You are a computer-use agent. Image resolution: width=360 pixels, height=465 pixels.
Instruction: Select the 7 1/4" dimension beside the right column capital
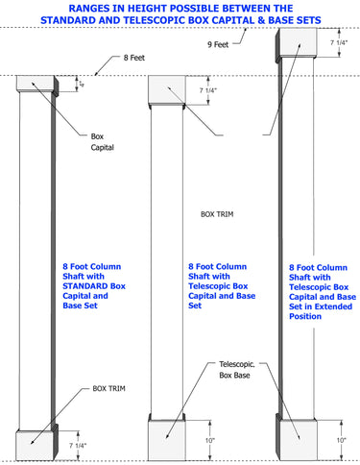coord(340,43)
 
